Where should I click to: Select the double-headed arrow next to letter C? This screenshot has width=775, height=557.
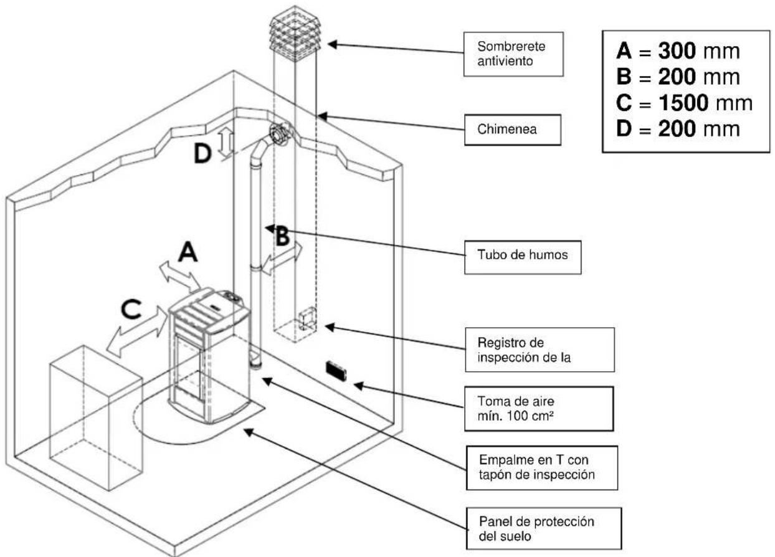point(138,333)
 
